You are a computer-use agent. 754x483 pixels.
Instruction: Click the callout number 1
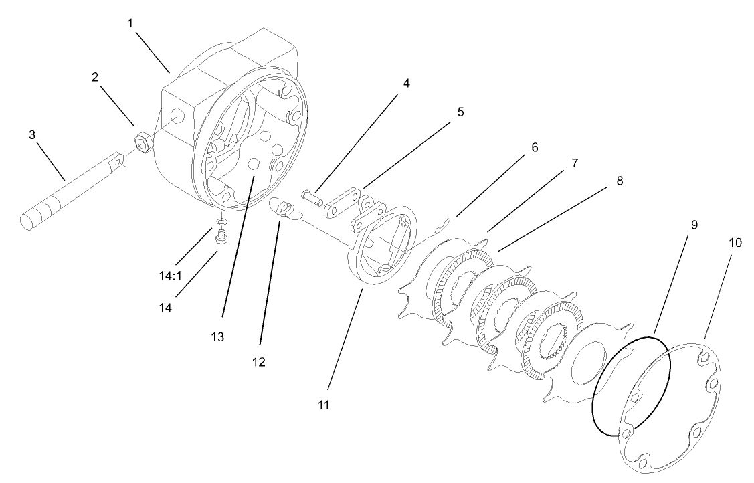pos(130,22)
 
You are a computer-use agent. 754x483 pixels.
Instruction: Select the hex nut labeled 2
pos(142,141)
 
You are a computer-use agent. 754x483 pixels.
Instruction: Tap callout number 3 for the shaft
pos(31,134)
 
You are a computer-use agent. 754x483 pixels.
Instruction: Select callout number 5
pos(460,112)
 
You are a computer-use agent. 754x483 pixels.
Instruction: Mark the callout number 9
pos(694,225)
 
